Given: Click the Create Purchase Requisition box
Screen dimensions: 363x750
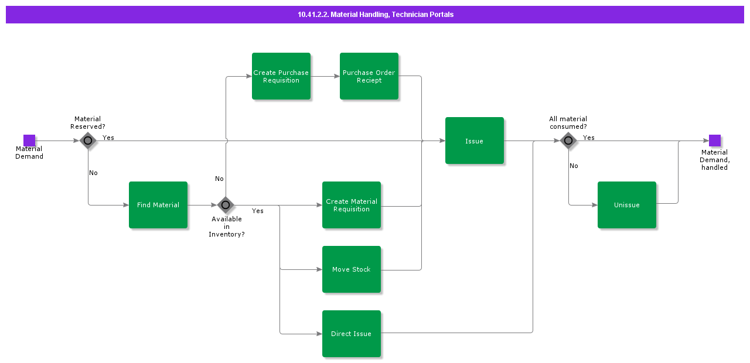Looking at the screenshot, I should [x=281, y=76].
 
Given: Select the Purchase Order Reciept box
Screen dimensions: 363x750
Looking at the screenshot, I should [x=369, y=76].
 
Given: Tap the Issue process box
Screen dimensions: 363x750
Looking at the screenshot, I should [x=475, y=141].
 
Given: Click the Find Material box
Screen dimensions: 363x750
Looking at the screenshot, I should [x=158, y=205].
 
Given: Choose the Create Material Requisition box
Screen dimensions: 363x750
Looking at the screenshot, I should [x=352, y=205].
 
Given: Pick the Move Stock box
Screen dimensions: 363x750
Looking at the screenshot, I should [x=352, y=269].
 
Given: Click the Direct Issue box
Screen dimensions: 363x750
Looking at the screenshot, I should [x=352, y=334].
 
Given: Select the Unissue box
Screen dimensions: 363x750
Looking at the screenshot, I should [x=627, y=205].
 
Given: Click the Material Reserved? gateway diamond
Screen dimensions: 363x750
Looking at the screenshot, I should [x=88, y=141].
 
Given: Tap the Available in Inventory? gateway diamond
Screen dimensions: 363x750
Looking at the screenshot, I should [x=226, y=205].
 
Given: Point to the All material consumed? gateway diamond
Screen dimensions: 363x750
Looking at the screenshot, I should [x=568, y=141].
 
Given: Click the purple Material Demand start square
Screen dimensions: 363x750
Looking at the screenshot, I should [x=29, y=141].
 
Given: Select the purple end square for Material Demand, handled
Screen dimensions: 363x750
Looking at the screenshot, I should [x=715, y=141].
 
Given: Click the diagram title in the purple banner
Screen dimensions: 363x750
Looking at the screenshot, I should [x=375, y=15].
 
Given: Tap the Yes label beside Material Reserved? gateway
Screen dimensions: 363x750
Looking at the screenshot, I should [x=108, y=138].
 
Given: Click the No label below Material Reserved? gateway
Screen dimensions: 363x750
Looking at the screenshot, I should [x=93, y=173].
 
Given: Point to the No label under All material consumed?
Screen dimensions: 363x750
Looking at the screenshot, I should [x=574, y=166].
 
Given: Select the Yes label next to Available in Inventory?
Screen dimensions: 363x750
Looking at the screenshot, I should [x=258, y=211].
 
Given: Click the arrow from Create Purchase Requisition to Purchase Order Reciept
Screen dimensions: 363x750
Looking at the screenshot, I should [x=325, y=76].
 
